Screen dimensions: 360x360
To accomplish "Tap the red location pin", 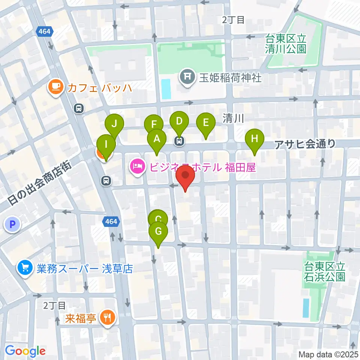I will pos(186,176).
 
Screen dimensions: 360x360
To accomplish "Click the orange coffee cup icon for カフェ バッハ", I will pos(55,87).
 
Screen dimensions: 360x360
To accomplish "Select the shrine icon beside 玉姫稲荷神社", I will pos(187,77).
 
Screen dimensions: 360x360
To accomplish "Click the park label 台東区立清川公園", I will pos(286,43).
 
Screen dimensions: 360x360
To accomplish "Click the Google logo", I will pos(25,351).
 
